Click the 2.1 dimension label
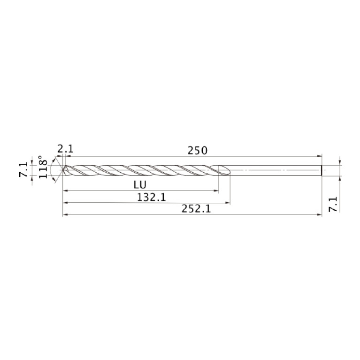point(65,149)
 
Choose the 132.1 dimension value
point(151,198)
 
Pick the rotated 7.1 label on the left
point(23,169)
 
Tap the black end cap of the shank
point(322,170)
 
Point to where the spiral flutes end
point(226,170)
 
